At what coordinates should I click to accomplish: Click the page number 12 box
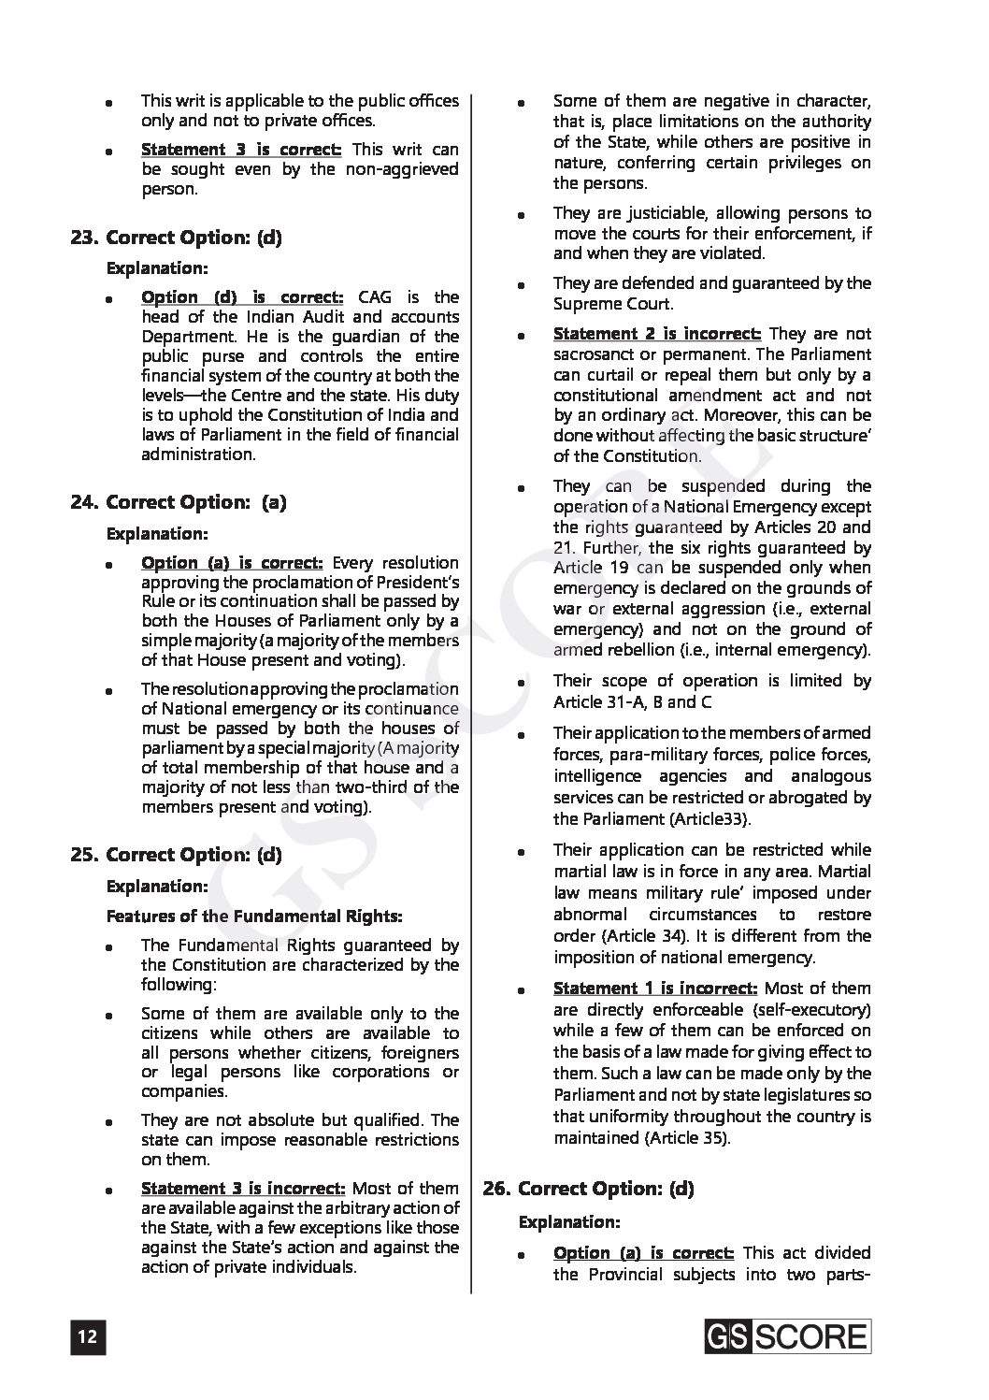point(87,1337)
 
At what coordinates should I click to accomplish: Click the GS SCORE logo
point(787,1336)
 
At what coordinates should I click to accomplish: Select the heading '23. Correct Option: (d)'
point(176,238)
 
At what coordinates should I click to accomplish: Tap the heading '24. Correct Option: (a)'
point(178,502)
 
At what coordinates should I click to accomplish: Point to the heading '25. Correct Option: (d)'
point(176,855)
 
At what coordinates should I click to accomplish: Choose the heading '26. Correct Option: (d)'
point(588,1189)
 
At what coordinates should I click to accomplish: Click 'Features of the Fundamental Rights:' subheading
point(254,916)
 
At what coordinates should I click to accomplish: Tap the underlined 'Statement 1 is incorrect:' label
point(655,989)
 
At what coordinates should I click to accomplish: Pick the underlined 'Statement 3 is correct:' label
point(241,150)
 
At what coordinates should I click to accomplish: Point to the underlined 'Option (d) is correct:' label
point(242,297)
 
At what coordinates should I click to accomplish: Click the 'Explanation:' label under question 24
point(157,534)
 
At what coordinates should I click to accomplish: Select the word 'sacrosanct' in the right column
point(594,354)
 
